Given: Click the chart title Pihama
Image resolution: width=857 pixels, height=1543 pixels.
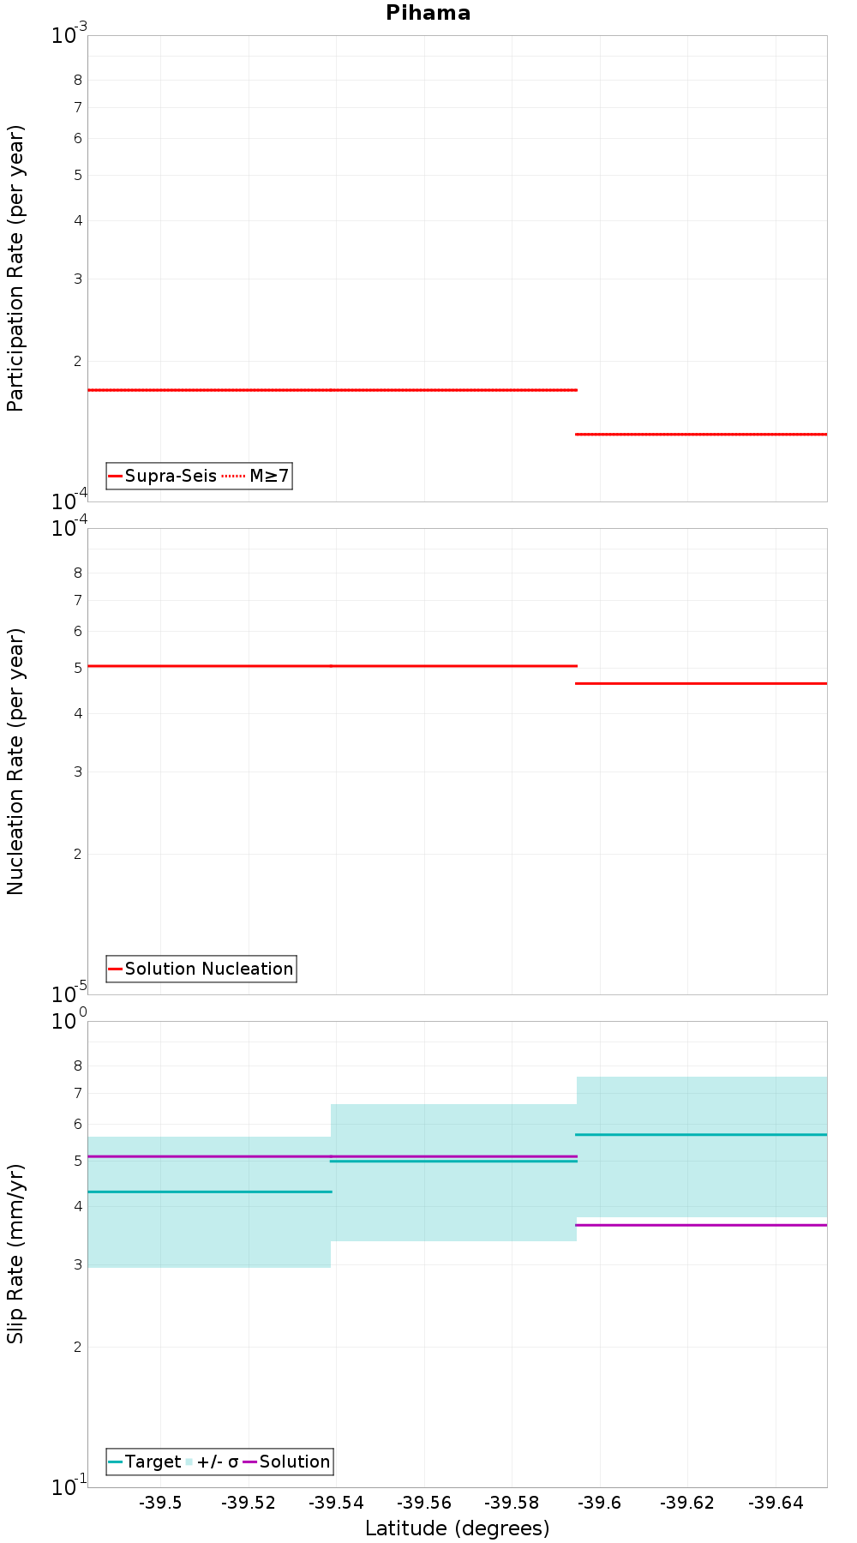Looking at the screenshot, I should click(x=428, y=13).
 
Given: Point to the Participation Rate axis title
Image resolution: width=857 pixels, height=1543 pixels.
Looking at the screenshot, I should click(x=15, y=268).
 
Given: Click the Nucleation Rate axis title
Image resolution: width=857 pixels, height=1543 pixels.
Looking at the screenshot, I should click(x=15, y=761).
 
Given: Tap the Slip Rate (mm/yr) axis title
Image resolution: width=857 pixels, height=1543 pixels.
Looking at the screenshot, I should click(x=15, y=1253).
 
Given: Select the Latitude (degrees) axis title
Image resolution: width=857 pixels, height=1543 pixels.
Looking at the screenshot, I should click(x=457, y=1528).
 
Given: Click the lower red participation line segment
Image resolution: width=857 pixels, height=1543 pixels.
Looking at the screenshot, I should click(x=701, y=435).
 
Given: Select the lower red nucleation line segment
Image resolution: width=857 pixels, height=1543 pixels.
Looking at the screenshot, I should click(x=701, y=683).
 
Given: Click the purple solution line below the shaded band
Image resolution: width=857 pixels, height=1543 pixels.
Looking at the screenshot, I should click(x=701, y=1225).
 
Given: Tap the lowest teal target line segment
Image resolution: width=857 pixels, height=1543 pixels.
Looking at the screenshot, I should click(x=210, y=1192).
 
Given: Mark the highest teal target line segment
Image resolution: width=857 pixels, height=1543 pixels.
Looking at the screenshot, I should click(x=701, y=1134).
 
